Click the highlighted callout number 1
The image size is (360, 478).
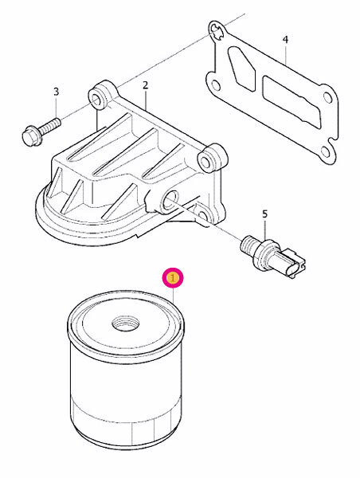click(x=173, y=278)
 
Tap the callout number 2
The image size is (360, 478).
click(x=145, y=85)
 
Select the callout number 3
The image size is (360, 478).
click(x=56, y=92)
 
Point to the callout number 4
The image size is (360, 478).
click(x=285, y=40)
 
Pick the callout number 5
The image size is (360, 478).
click(x=264, y=214)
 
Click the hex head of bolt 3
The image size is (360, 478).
click(x=31, y=135)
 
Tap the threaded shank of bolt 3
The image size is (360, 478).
click(x=49, y=127)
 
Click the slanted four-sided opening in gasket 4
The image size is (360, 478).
click(x=242, y=69)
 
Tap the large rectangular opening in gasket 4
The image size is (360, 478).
click(x=292, y=101)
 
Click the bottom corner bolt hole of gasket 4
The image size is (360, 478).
click(x=325, y=152)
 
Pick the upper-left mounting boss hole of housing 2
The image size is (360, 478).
click(x=97, y=100)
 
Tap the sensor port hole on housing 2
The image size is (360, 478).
click(x=170, y=199)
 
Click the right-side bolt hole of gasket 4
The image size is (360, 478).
click(x=327, y=98)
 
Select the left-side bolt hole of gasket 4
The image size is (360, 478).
click(x=215, y=85)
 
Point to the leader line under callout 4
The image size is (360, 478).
click(x=286, y=54)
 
